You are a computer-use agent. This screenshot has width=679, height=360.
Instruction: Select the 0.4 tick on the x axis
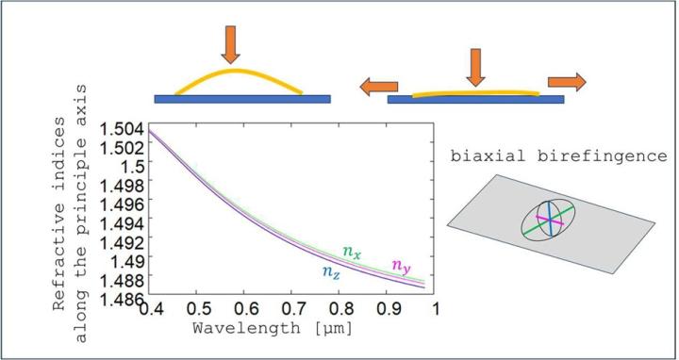[x=152, y=309]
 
